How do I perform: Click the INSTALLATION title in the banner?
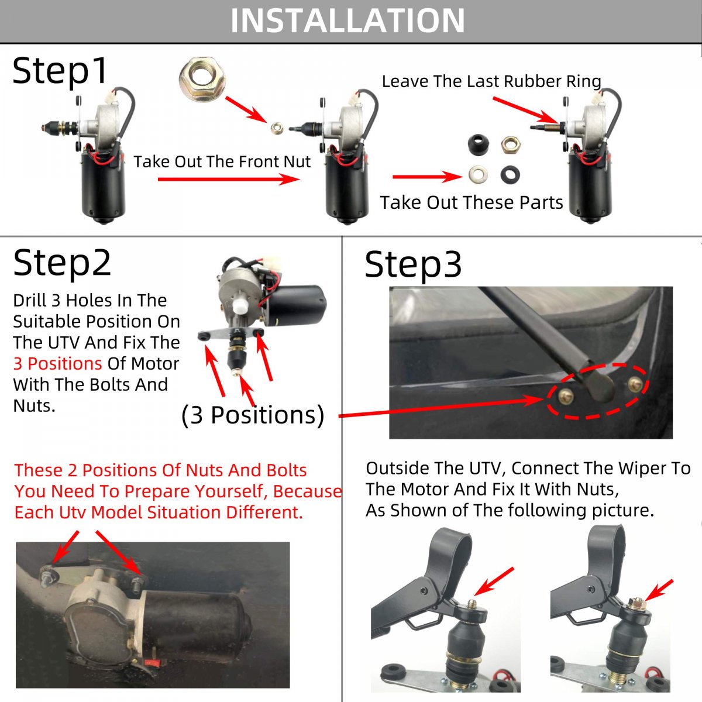point(347,20)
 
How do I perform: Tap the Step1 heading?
point(60,71)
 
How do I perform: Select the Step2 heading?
point(62,263)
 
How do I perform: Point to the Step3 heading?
point(413,265)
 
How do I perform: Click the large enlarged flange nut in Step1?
point(202,79)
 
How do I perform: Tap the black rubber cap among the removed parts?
point(479,144)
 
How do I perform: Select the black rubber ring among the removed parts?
point(510,174)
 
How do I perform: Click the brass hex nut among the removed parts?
point(510,145)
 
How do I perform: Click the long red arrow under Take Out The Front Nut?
point(229,179)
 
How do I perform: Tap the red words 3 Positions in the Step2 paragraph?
point(57,363)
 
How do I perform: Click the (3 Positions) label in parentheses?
point(253,415)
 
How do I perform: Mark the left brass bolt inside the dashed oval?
point(566,395)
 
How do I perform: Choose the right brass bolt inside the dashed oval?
point(635,384)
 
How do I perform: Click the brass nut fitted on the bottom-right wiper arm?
point(637,604)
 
